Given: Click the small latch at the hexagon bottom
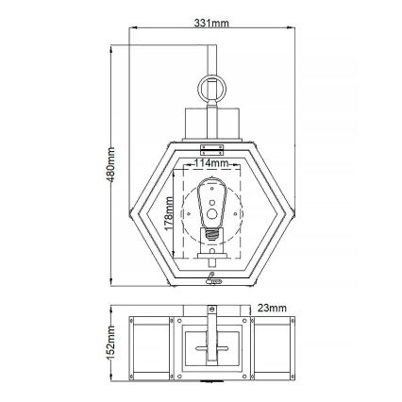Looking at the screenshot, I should point(214,279).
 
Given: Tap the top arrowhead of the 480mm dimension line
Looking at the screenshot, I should point(115,42).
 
